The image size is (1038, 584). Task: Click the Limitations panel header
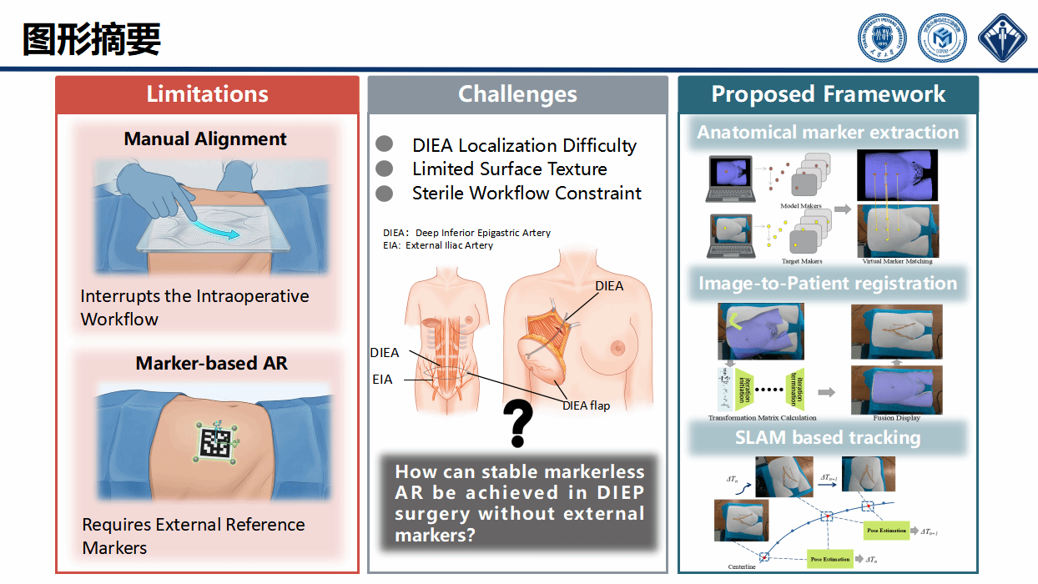coord(207,94)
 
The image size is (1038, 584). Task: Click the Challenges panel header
coord(517,94)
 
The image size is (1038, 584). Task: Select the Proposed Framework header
coord(828,94)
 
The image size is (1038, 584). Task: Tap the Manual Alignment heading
coord(205,139)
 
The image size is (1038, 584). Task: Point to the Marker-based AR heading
coord(211,364)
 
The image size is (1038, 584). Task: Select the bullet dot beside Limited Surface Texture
coord(384,169)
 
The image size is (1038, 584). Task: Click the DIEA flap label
coord(586,405)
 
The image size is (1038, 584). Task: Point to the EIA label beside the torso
coord(382,379)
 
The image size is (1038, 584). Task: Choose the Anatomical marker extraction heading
coord(828,133)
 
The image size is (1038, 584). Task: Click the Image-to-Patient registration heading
coord(828,284)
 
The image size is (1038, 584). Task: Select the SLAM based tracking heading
coord(828,438)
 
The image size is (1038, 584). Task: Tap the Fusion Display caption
coord(896,418)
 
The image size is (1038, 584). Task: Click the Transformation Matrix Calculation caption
coord(762,418)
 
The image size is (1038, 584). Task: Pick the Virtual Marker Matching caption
coord(897,261)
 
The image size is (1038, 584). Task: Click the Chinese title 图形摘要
coord(91,39)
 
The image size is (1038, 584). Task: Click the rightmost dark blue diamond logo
coord(1002,38)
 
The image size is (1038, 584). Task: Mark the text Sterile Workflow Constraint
coord(527,194)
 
